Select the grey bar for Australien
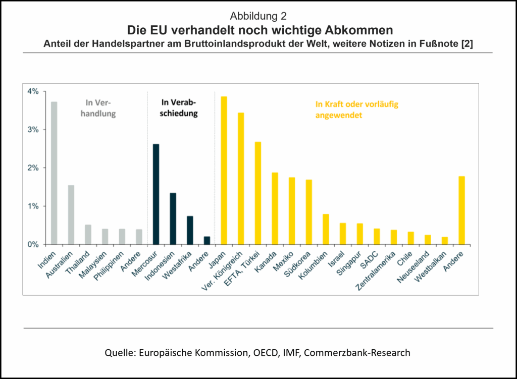coord(71,214)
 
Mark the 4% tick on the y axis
coord(33,91)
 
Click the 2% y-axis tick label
coord(33,168)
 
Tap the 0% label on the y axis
coord(33,244)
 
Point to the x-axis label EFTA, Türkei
coord(247,264)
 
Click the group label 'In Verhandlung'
coord(100,108)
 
